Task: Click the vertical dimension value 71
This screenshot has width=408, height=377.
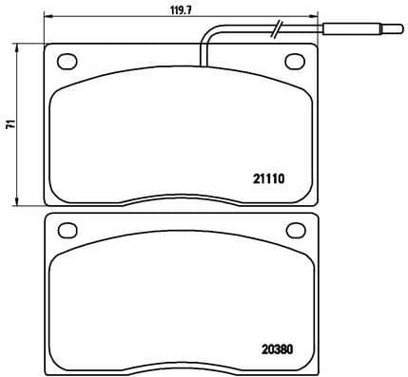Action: pos(9,124)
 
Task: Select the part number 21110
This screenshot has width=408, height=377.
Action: pos(268,177)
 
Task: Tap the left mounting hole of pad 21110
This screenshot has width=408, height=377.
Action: pos(68,62)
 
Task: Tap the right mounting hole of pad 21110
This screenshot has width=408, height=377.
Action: pos(294,62)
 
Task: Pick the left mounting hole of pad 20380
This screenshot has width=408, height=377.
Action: pos(67,230)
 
